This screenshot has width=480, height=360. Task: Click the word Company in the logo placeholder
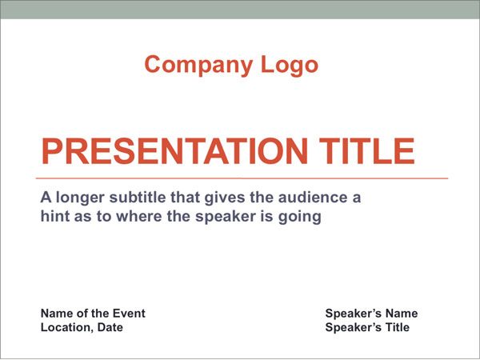198,66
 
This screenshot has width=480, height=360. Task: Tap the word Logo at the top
290,66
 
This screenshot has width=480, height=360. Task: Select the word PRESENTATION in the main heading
174,151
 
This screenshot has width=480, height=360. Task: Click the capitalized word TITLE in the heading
367,151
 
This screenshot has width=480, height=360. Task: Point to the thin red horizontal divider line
242,178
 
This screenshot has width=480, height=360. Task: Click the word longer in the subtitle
80,198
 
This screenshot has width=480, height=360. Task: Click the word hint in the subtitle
54,216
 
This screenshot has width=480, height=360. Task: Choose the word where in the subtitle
139,216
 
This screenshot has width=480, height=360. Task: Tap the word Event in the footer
129,313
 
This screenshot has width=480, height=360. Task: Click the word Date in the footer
110,327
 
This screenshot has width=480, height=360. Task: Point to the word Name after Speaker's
401,313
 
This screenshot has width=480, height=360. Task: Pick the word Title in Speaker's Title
397,327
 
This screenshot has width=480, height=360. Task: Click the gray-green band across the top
240,10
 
